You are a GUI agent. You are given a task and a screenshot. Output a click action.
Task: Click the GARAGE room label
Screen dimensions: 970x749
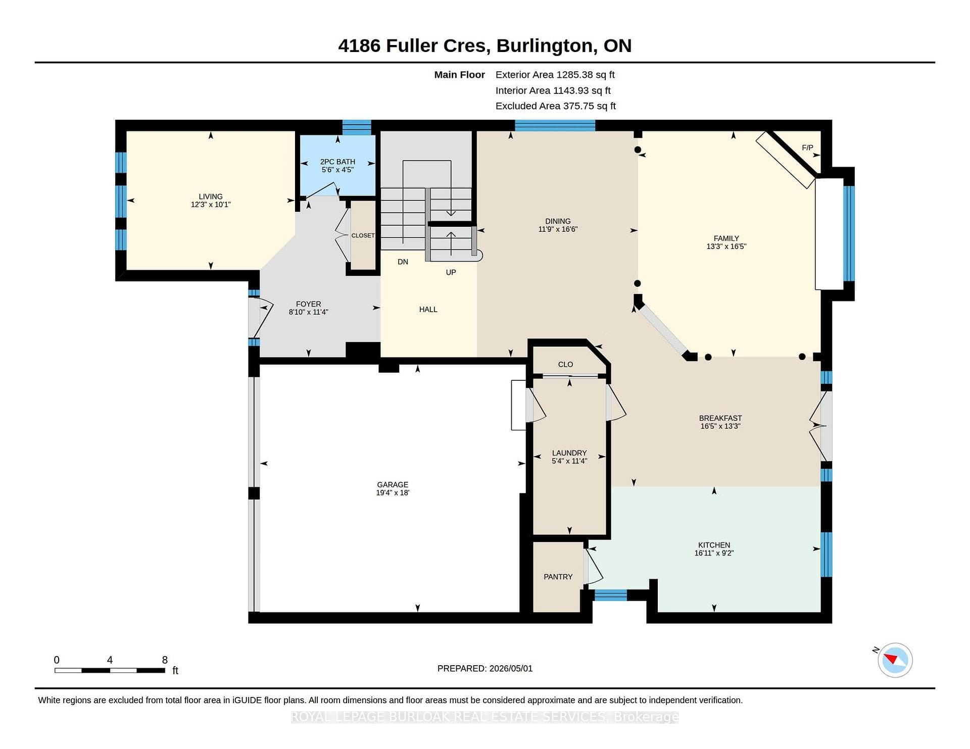tap(393, 484)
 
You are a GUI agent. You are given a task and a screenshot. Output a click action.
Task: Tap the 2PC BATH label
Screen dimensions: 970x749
tap(337, 162)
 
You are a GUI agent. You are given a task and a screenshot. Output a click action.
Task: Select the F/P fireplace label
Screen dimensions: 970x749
tap(807, 147)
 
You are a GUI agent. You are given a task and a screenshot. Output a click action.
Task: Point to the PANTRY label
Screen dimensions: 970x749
tap(558, 577)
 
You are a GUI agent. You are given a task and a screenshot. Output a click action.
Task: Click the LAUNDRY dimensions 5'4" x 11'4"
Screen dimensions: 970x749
tap(569, 461)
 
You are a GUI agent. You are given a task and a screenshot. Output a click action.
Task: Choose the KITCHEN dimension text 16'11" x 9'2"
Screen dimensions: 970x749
tap(714, 553)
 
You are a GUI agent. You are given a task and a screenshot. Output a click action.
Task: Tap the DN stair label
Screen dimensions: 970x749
tap(403, 262)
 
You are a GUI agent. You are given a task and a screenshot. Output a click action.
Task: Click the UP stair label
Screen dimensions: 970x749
tap(451, 272)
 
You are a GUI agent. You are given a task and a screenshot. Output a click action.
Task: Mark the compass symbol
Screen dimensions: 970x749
tap(895, 660)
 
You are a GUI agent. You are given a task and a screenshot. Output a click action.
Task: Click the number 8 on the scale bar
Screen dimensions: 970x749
tap(165, 660)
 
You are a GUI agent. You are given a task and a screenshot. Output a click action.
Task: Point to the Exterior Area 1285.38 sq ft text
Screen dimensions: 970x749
tap(555, 75)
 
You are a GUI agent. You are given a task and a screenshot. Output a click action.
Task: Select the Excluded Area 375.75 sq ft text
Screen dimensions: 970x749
tap(555, 106)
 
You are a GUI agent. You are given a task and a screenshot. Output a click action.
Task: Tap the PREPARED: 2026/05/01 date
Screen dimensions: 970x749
tap(485, 668)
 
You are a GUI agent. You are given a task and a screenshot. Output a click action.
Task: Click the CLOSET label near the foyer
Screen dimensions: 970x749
tap(363, 235)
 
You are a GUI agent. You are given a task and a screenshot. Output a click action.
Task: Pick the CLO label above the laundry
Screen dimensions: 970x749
tap(565, 364)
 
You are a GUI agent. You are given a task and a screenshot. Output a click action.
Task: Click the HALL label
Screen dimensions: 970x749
tap(428, 309)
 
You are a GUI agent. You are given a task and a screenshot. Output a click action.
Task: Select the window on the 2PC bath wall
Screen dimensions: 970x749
tap(357, 126)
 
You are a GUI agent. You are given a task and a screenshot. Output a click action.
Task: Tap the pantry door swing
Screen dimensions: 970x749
tap(593, 566)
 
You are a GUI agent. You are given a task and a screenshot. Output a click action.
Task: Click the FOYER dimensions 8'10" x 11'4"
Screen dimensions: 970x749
tap(308, 312)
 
